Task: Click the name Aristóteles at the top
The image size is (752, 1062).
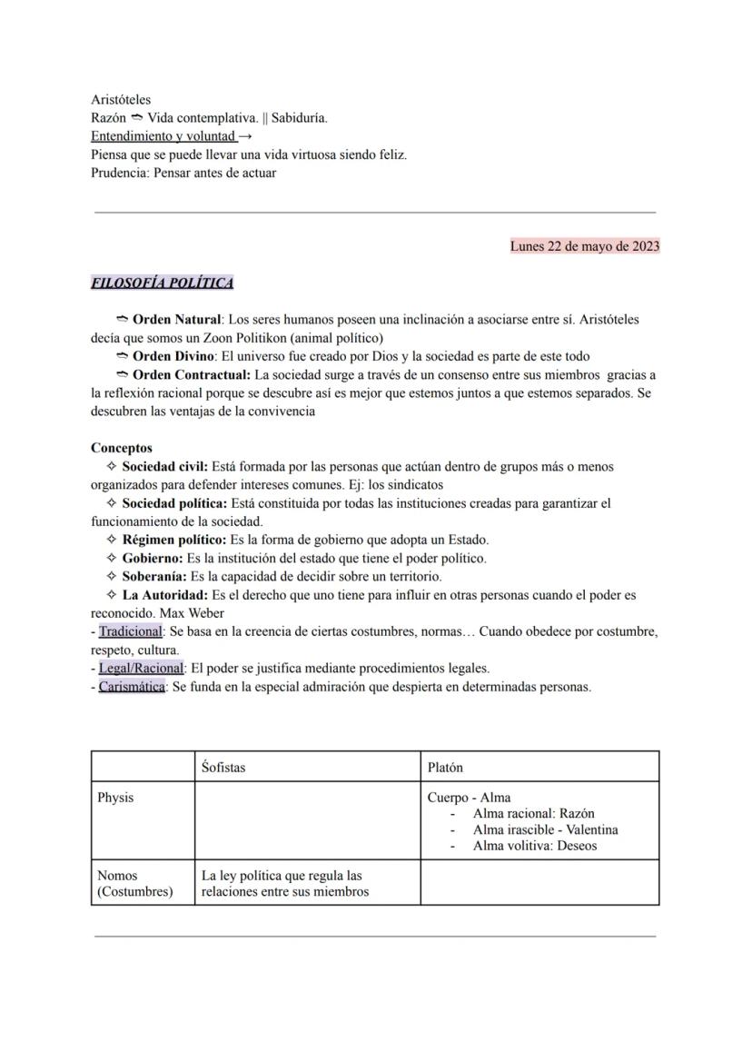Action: point(121,100)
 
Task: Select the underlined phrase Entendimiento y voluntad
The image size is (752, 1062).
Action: point(163,136)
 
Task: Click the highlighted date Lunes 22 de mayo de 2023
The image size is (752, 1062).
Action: point(584,246)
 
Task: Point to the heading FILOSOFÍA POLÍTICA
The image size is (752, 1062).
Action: point(162,283)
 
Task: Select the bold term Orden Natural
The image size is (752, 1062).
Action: point(176,320)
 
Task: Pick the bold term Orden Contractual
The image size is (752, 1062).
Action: point(191,374)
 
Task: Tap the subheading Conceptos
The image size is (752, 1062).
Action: point(122,448)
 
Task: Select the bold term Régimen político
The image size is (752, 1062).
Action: point(174,540)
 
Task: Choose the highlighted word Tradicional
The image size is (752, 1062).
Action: point(130,631)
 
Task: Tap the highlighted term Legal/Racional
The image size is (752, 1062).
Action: point(141,669)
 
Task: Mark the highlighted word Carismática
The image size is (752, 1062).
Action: point(132,687)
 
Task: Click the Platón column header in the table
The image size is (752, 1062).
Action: point(445,768)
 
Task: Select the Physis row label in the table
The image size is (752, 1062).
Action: point(115,798)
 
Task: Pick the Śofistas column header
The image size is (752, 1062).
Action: point(223,768)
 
